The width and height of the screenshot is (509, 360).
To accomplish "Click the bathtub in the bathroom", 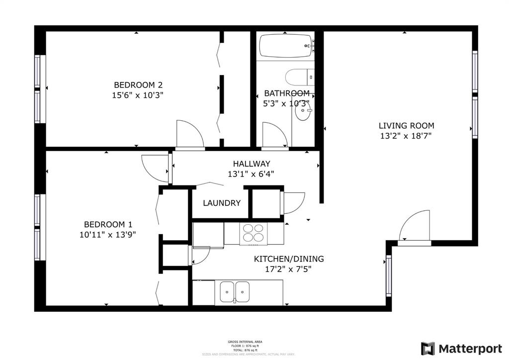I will click(x=285, y=46).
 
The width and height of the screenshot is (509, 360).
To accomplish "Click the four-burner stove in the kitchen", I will click(x=254, y=234).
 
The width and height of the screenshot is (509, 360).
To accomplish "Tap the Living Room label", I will click(x=406, y=126).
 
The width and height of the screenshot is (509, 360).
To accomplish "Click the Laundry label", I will click(x=222, y=203).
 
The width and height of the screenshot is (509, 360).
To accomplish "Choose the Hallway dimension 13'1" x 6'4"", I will click(x=251, y=174).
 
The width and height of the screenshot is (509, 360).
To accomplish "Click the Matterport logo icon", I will click(x=427, y=349).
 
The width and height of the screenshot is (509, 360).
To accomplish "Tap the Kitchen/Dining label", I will click(x=289, y=259).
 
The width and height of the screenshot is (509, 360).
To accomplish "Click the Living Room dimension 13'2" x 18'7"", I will click(x=406, y=136).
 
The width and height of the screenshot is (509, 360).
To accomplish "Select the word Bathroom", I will click(x=287, y=93).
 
